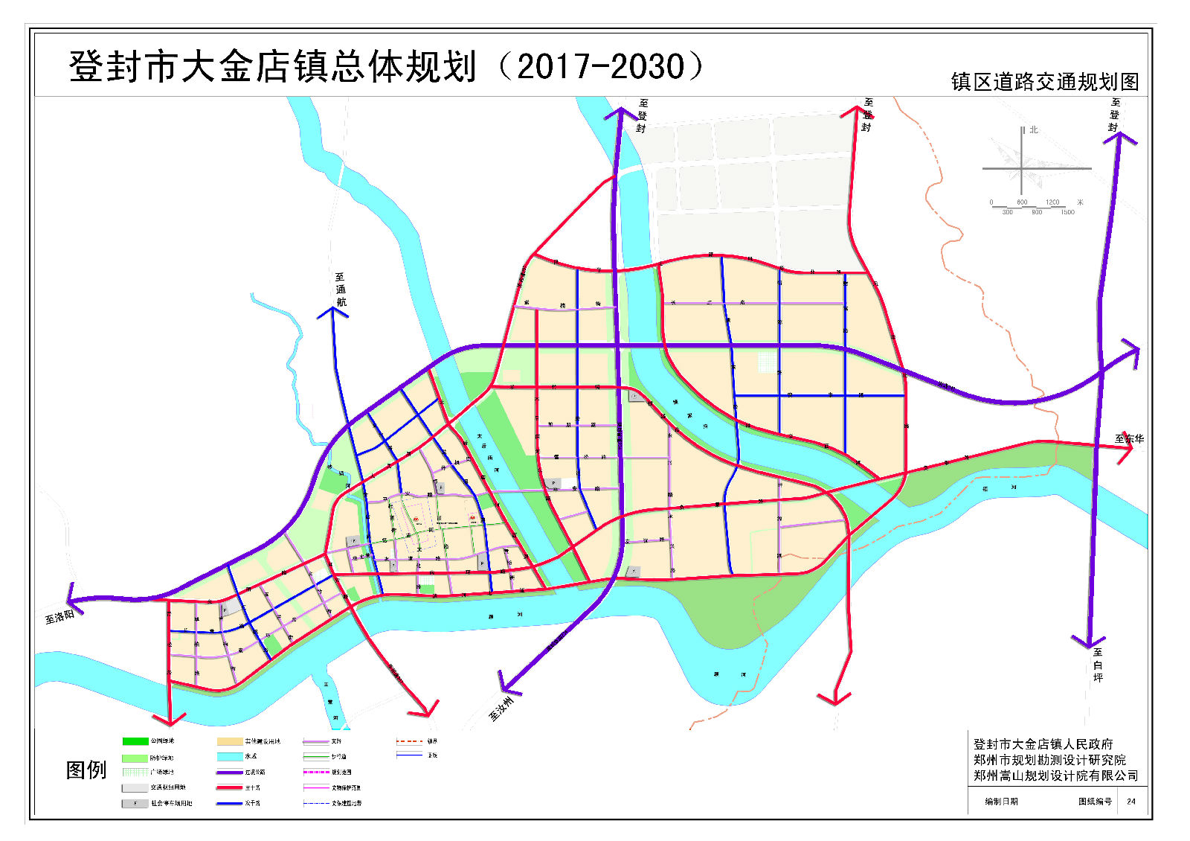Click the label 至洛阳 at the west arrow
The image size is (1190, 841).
59,616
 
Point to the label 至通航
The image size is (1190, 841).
341,290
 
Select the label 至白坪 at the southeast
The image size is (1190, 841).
1098,665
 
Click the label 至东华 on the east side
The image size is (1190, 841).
1129,438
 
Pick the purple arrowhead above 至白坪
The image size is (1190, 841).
1088,642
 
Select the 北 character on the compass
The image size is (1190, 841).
1033,130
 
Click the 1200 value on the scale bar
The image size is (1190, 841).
1052,202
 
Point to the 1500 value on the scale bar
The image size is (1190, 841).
1067,213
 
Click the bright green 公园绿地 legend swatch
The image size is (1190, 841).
135,741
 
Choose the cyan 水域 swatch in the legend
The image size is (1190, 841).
230,756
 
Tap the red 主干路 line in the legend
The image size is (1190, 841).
230,787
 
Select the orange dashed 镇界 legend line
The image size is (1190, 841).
409,741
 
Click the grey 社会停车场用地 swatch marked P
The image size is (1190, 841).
135,803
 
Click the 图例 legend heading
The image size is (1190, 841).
86,770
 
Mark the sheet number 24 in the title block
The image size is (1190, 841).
1130,802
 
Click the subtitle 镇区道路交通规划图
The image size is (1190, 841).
1044,82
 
